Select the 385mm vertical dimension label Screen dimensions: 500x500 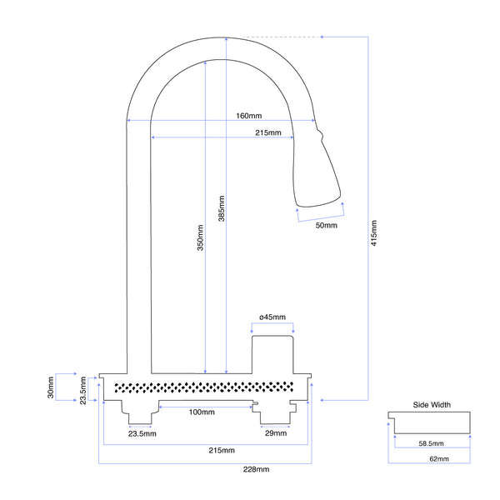pos(221,209)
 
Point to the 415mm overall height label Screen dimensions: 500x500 pos(374,234)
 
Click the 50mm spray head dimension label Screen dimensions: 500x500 pos(326,225)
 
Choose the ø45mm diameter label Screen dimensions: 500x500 pos(272,317)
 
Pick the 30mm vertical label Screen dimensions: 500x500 pos(51,387)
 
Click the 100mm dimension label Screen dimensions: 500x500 pos(201,412)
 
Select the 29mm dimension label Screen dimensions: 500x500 pos(274,434)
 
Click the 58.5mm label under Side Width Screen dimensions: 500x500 pos(432,443)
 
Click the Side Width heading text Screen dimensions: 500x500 pos(432,405)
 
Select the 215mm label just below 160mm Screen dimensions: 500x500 pos(267,132)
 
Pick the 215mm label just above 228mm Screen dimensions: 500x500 pos(221,451)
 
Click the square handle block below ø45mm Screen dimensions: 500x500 pos(274,353)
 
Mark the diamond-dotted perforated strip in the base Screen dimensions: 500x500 pos(203,387)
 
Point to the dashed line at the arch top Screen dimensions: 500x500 pos(275,37)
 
